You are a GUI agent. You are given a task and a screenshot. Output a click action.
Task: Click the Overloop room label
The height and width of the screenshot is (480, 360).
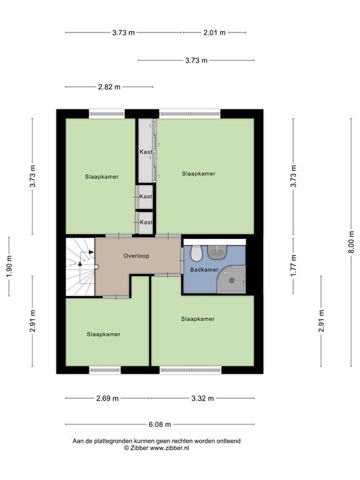[x=136, y=256]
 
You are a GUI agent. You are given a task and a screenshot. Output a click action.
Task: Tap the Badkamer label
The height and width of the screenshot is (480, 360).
[x=204, y=270]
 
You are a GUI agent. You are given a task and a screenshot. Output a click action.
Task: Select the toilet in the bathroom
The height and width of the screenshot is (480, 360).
[x=196, y=253]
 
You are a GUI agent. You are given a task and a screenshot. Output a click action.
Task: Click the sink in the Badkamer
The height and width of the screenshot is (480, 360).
[x=217, y=251]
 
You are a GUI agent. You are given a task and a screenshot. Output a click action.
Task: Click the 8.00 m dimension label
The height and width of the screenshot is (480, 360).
[x=351, y=242]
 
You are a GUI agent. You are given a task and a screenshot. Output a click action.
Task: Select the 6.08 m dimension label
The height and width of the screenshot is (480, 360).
[x=160, y=424]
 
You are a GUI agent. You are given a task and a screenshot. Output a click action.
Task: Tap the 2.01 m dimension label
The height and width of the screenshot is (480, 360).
[x=214, y=32]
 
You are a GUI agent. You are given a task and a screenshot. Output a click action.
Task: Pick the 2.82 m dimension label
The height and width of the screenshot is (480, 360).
[x=109, y=87]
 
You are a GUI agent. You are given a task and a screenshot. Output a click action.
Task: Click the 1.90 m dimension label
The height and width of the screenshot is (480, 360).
[x=9, y=267]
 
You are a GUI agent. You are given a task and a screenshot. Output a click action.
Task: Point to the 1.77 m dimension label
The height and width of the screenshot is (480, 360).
[x=294, y=266]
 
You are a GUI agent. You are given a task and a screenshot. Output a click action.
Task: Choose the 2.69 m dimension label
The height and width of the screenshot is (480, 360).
[x=107, y=398]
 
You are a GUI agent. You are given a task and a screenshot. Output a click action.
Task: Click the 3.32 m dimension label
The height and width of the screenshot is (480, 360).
[x=202, y=398]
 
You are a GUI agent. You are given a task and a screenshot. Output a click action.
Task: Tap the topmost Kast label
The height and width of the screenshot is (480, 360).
[x=146, y=152]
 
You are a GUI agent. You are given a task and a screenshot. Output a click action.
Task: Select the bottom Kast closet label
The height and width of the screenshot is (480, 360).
[x=146, y=222]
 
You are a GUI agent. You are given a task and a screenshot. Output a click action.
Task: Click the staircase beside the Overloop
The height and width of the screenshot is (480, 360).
[x=80, y=267]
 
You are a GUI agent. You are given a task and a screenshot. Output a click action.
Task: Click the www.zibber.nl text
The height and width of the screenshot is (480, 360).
[x=169, y=448]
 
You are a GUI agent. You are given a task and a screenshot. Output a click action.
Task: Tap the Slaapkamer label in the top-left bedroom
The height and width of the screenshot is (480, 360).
[x=102, y=177]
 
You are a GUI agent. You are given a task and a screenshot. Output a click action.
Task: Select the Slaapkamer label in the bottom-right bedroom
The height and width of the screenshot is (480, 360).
[x=197, y=319]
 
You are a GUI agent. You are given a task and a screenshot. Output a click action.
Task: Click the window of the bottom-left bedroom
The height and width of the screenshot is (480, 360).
[x=105, y=370]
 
